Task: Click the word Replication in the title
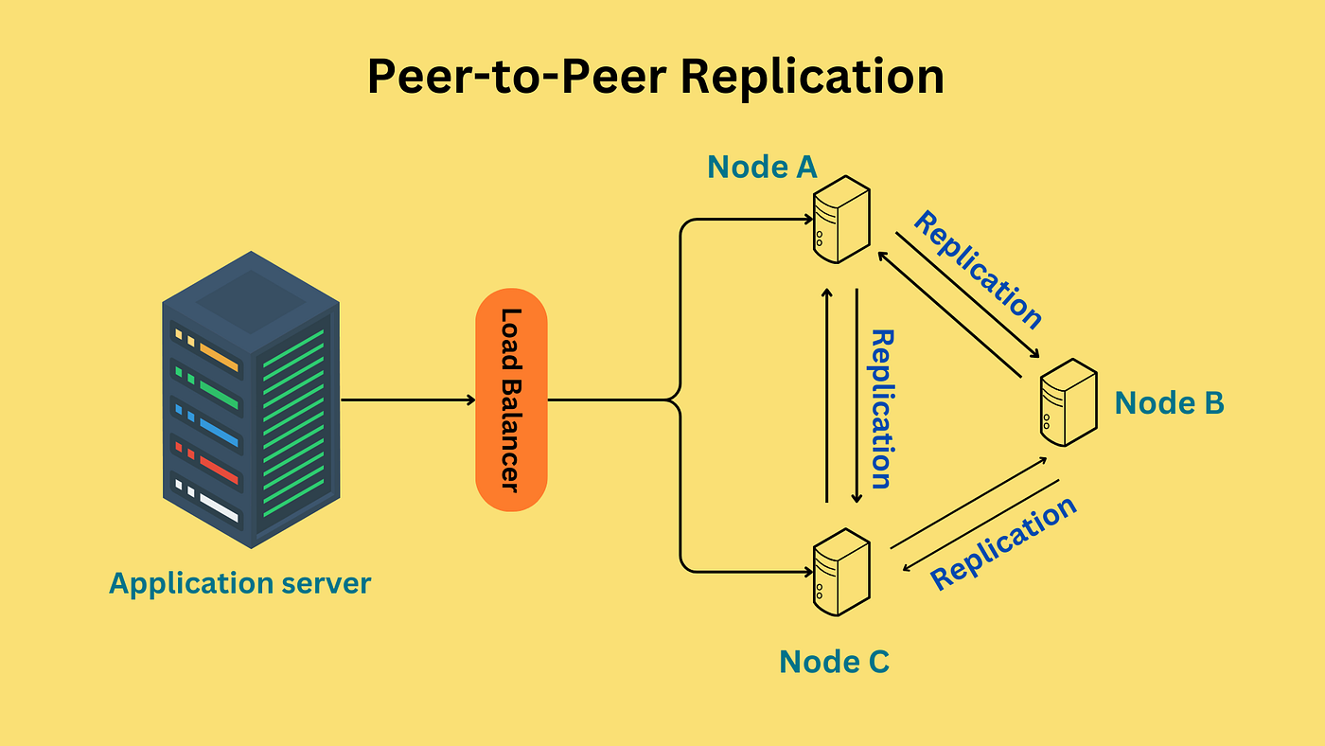(812, 78)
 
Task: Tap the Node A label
(763, 167)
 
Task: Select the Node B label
(1170, 403)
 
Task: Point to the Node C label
(835, 662)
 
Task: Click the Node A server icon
(841, 220)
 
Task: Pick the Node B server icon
(1069, 402)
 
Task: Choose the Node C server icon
(841, 572)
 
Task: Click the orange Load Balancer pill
(512, 400)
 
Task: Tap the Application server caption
(240, 584)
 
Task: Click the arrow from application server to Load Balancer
(408, 400)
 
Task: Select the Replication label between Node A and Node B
(977, 270)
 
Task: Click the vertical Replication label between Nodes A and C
(881, 409)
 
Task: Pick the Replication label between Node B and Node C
(1003, 543)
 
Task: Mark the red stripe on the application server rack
(219, 470)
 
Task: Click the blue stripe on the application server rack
(219, 433)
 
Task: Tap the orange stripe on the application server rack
(219, 357)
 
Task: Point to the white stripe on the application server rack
(219, 507)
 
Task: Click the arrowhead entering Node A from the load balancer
(809, 220)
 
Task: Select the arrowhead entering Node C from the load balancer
(809, 572)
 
